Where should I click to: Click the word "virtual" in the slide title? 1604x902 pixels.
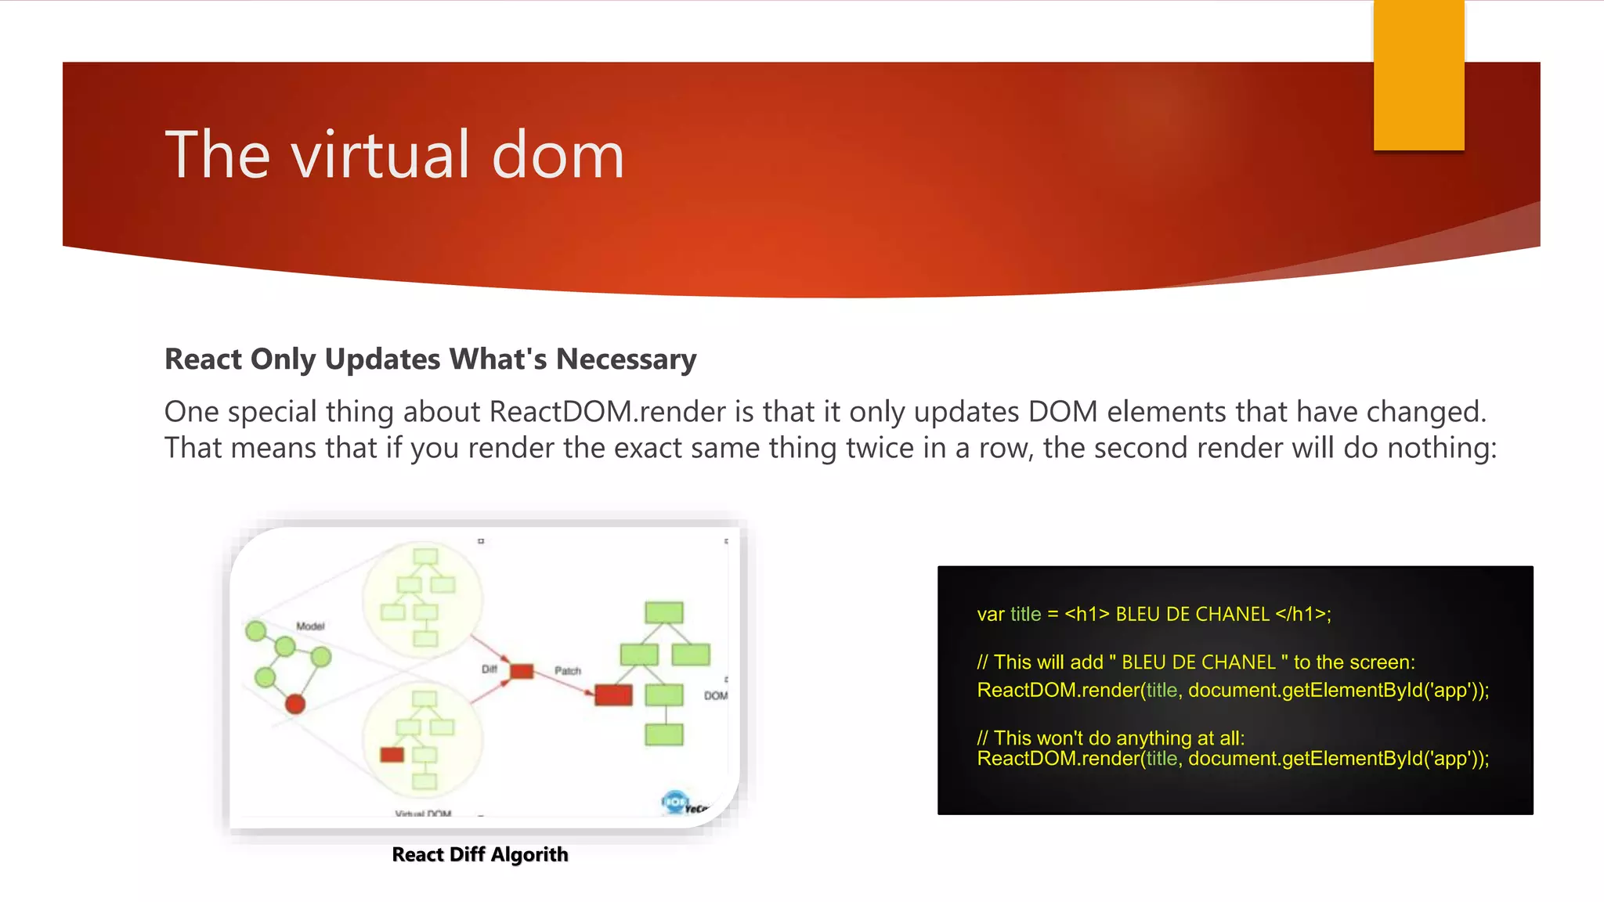point(381,155)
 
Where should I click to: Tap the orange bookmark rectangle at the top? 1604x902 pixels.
point(1418,75)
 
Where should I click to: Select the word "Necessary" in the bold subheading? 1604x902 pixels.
point(626,359)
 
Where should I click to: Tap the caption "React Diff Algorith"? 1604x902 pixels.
point(479,854)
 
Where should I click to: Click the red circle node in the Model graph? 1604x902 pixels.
point(295,704)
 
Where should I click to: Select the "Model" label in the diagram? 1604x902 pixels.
point(310,626)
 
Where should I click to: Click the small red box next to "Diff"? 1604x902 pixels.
point(522,671)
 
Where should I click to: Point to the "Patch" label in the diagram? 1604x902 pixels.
point(568,671)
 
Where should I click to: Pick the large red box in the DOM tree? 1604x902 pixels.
point(613,695)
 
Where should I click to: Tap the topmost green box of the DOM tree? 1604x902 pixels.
point(664,612)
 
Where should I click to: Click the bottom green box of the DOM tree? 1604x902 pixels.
point(664,734)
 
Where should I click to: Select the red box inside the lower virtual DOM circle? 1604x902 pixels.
point(392,755)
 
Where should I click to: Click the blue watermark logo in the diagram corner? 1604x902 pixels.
point(674,802)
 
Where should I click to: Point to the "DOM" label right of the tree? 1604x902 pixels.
point(715,695)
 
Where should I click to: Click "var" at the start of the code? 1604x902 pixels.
point(991,615)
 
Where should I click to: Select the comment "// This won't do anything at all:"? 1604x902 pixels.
point(1111,738)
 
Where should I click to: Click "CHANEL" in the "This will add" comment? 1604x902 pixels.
point(1240,662)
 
